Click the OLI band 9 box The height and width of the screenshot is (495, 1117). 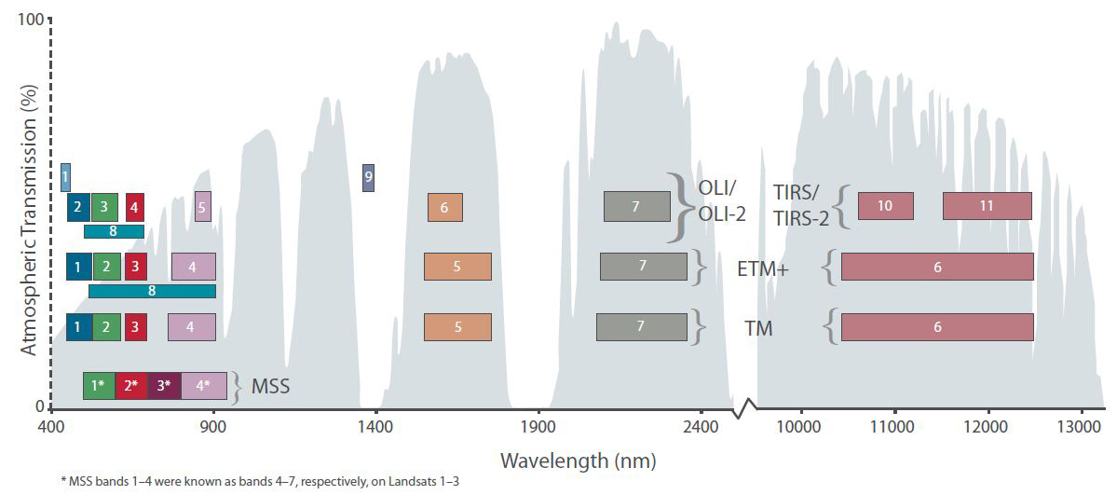tap(369, 176)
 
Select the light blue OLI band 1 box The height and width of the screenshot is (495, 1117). tap(65, 175)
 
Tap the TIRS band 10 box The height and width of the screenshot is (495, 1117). tap(885, 206)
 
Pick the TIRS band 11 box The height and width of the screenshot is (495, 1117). tap(987, 206)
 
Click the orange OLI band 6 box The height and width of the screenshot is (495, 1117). tap(444, 207)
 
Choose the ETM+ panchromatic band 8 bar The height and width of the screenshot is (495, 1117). tap(152, 291)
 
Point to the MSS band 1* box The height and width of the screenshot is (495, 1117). tap(99, 385)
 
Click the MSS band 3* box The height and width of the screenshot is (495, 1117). tap(164, 385)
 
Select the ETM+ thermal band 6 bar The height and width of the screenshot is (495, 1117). tap(937, 267)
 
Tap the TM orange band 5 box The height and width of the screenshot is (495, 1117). tap(457, 327)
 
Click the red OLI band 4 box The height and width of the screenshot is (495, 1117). tap(135, 206)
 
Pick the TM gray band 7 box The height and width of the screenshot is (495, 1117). tap(641, 327)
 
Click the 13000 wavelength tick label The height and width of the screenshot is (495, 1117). tap(1081, 427)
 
